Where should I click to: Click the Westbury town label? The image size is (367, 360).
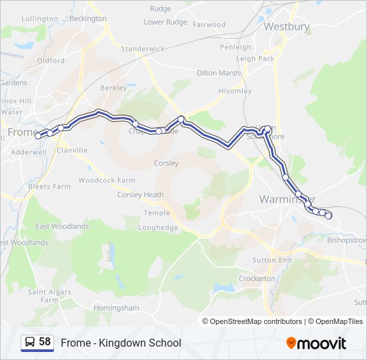(286, 27)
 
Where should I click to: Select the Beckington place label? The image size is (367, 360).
(87, 19)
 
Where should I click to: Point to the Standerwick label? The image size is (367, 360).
(142, 49)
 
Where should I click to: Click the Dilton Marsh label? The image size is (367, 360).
(218, 73)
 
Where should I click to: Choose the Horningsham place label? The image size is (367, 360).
(116, 308)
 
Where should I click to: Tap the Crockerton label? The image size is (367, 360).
(257, 279)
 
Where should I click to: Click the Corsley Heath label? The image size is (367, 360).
(140, 195)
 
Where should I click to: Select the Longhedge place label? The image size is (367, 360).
(158, 227)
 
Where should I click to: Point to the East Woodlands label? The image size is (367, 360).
(62, 227)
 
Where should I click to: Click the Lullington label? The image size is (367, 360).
(39, 19)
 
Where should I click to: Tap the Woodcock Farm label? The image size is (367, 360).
(106, 181)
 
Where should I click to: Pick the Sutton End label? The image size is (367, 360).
(272, 260)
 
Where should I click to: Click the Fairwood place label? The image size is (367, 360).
(210, 25)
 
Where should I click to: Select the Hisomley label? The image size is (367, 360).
(235, 91)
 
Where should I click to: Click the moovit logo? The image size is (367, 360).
(316, 343)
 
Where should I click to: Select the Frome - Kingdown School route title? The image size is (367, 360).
(121, 343)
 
